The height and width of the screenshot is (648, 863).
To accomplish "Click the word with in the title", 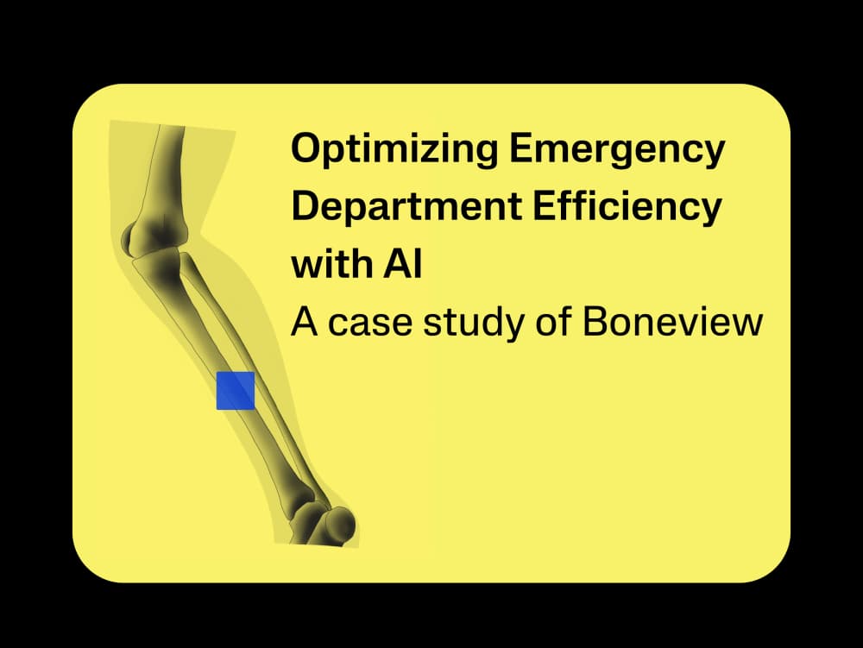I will click(x=325, y=264).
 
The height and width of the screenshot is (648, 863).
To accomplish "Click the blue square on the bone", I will click(x=235, y=391).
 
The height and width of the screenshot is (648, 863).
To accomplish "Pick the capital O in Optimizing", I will click(x=305, y=150).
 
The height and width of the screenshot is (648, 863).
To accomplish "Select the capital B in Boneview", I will click(x=597, y=321).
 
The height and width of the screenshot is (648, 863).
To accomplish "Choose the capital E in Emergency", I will click(x=520, y=150).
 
